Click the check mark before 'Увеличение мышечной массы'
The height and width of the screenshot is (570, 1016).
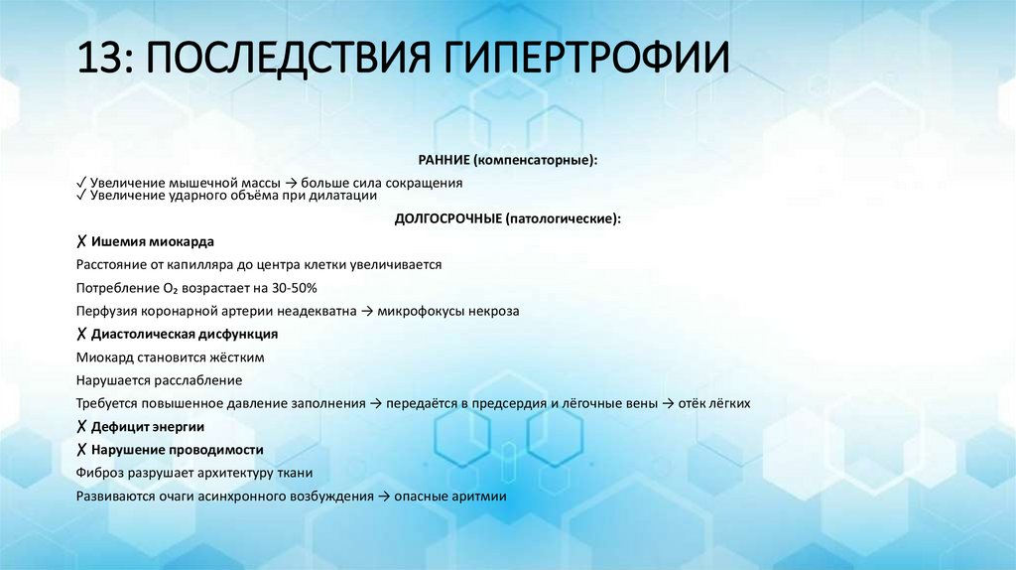click(x=80, y=184)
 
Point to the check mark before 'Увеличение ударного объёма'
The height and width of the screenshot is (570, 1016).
click(x=80, y=196)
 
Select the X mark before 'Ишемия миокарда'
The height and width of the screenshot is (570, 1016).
click(x=80, y=241)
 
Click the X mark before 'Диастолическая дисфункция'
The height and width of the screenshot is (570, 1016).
click(x=80, y=334)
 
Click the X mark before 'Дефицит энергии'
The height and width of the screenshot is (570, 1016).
click(x=80, y=426)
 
